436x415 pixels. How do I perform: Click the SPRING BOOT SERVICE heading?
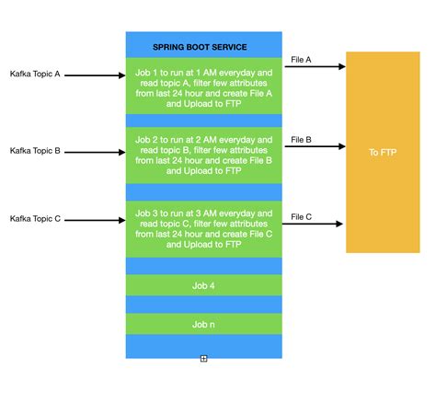click(x=203, y=46)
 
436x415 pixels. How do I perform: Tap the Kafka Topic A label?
click(x=35, y=73)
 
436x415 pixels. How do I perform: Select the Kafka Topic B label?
click(x=35, y=150)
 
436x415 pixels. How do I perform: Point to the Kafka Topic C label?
click(x=35, y=218)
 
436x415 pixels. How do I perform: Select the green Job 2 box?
click(x=203, y=156)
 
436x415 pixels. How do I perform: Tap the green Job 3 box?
click(x=203, y=229)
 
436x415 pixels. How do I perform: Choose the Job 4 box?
click(x=203, y=285)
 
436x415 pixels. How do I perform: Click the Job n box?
click(x=203, y=324)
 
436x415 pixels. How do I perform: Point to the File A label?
click(x=301, y=60)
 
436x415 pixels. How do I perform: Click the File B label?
click(x=301, y=140)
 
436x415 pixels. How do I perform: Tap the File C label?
click(x=301, y=217)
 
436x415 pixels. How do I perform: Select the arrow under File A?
click(x=313, y=67)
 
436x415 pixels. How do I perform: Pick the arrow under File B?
click(x=313, y=145)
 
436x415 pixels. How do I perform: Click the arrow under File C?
click(x=313, y=224)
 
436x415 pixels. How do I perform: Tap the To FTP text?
click(x=382, y=152)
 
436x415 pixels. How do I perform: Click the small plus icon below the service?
click(x=203, y=359)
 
